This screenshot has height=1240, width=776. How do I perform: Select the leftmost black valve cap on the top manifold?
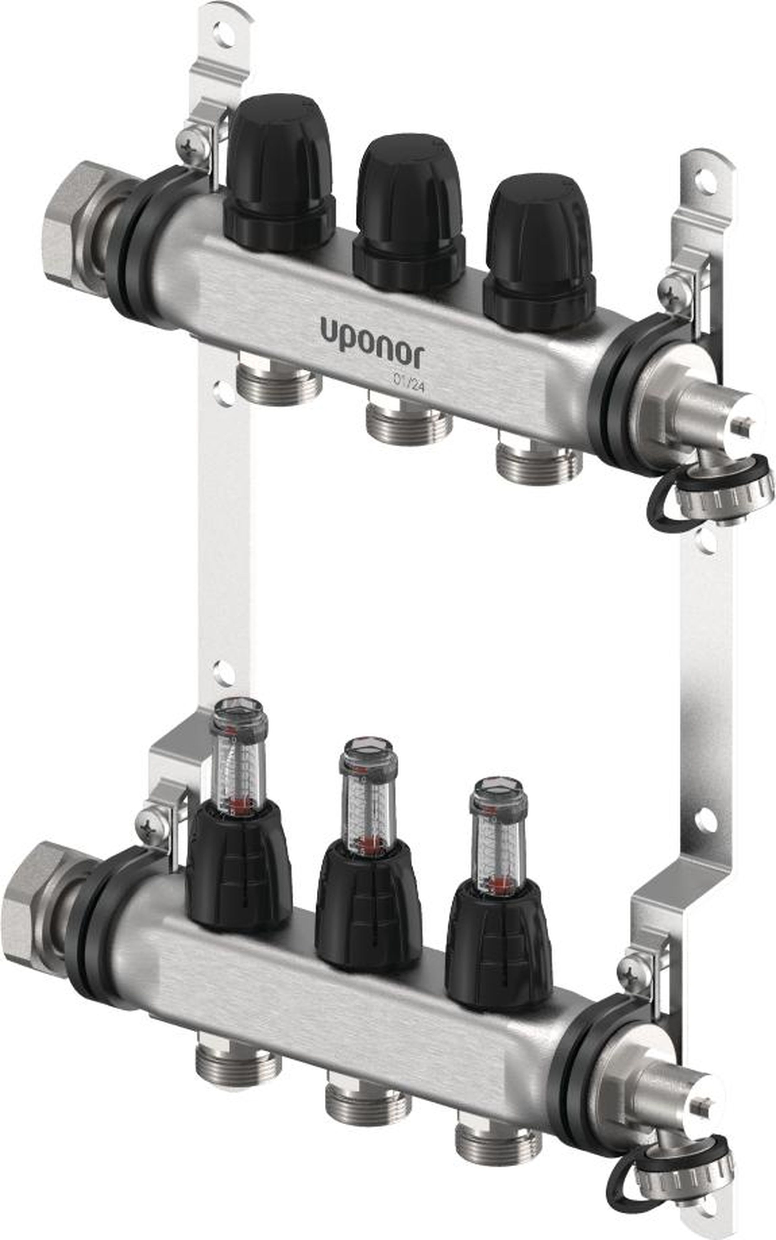(x=280, y=172)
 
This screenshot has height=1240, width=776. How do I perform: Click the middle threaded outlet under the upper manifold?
(x=409, y=423)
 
